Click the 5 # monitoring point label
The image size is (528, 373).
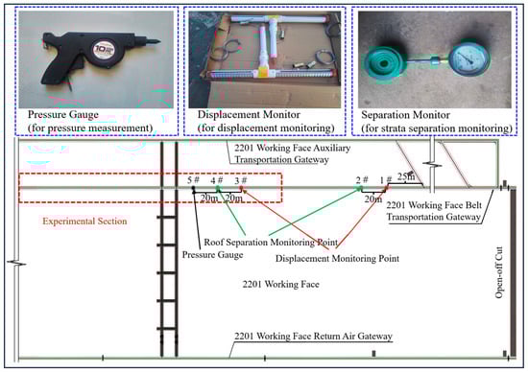(x=193, y=180)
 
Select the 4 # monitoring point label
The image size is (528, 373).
(x=217, y=180)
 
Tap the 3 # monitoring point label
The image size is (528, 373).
(x=241, y=180)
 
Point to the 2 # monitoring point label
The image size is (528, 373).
(x=362, y=180)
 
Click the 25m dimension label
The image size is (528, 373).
(x=406, y=176)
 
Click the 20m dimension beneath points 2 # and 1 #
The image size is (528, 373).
(x=373, y=198)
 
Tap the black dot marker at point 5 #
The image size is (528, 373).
(x=193, y=188)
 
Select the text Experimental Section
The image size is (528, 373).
(x=84, y=221)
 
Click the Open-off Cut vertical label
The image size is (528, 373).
(x=498, y=272)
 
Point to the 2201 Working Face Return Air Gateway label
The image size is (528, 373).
(x=313, y=336)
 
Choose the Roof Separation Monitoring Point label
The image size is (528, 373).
(x=271, y=243)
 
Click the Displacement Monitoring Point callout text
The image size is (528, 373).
(x=337, y=258)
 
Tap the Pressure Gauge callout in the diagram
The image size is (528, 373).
(x=212, y=255)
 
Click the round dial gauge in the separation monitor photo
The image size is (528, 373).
(x=468, y=59)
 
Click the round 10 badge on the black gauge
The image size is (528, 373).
(x=104, y=50)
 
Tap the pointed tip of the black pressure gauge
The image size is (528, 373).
(x=158, y=41)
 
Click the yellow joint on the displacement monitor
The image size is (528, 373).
(x=263, y=71)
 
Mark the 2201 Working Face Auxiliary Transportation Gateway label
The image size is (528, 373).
(x=292, y=153)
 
